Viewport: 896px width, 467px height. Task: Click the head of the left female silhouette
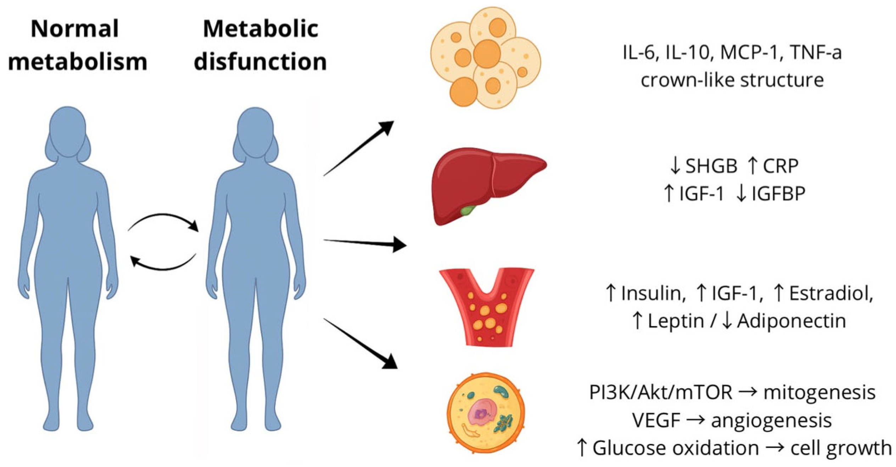[67, 131]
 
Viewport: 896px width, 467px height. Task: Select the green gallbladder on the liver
[467, 210]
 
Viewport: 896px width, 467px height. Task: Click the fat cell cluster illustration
[486, 57]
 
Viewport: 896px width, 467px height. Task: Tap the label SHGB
[711, 166]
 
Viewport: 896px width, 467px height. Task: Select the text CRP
[780, 166]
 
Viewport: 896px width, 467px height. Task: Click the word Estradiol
[831, 294]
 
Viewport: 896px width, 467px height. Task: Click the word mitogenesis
[819, 393]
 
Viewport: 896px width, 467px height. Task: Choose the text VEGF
[656, 421]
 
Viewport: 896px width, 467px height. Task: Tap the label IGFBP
[778, 194]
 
